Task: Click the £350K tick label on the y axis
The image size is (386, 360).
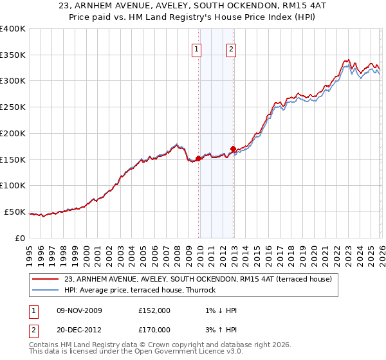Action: point(13,55)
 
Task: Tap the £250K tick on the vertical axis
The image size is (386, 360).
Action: point(13,107)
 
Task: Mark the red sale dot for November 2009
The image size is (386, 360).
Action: point(198,158)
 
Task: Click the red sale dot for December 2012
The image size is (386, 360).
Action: point(233,148)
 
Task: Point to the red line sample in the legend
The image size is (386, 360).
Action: point(45,279)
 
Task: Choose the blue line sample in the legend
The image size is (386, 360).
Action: point(45,290)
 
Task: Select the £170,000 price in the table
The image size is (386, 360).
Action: point(154,330)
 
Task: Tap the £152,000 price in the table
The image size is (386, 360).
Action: point(154,310)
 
